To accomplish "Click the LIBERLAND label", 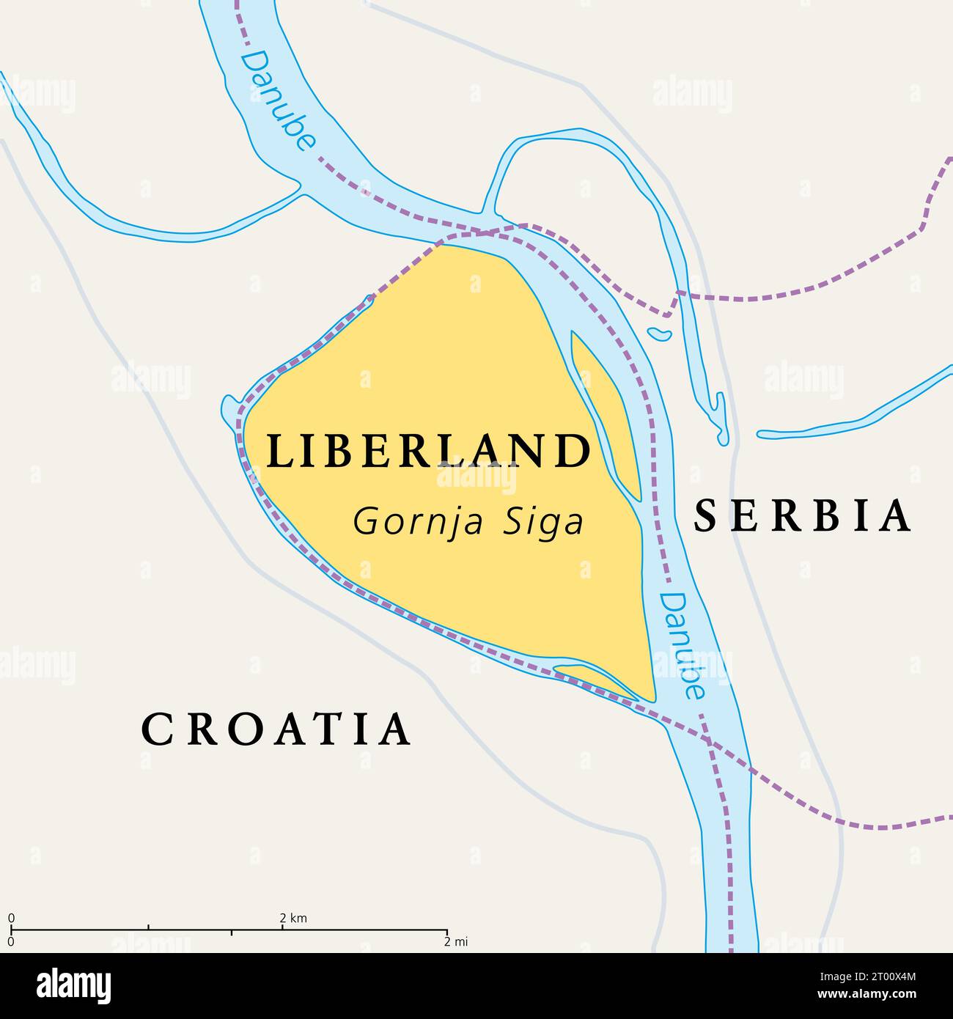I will click(428, 451).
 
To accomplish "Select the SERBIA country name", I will click(803, 515).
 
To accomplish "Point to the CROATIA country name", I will click(276, 729).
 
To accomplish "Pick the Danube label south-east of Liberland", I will click(682, 645).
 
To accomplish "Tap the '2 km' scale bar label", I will click(293, 918).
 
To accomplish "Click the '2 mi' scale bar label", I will click(456, 942).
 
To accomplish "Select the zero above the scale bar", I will click(11, 918).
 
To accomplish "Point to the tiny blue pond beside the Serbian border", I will click(659, 334).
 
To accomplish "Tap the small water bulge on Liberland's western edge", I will click(230, 411).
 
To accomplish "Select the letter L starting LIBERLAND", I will click(277, 451).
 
